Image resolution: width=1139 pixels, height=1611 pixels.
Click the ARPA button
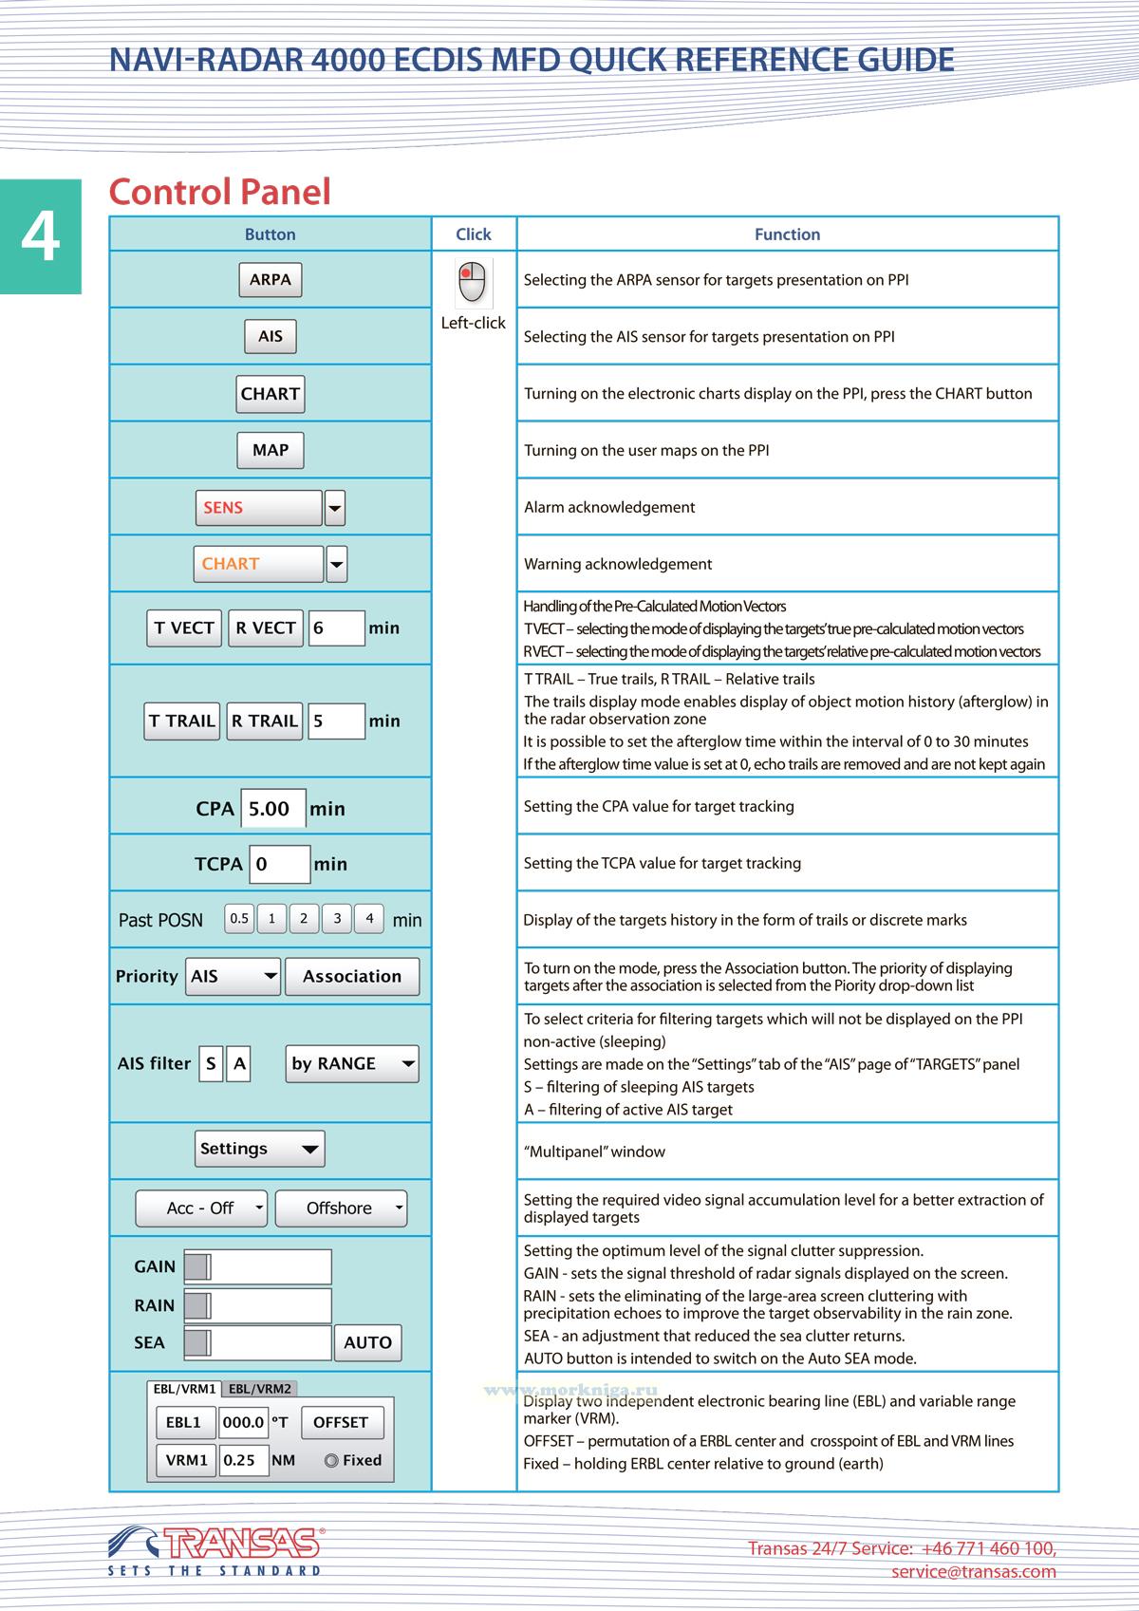pos(271,280)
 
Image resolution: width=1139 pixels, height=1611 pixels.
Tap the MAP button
pos(271,450)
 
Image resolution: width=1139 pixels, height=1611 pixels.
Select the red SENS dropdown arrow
pos(334,508)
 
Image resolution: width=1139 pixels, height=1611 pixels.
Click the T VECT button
pos(184,628)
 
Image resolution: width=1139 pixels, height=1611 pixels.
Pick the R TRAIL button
pos(265,721)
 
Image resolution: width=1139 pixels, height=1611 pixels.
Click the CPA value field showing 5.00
pos(273,809)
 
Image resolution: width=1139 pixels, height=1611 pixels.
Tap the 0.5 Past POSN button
pos(239,919)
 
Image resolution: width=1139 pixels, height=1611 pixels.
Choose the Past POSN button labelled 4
pos(369,919)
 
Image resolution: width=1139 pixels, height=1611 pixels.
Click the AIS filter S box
pos(211,1064)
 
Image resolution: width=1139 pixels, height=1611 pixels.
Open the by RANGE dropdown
pos(352,1064)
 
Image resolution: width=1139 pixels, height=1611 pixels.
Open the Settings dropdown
pos(259,1149)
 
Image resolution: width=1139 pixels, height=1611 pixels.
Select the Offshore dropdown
pos(341,1208)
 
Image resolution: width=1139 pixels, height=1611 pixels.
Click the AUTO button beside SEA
pos(367,1342)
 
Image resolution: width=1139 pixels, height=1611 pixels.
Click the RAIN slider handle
pos(197,1305)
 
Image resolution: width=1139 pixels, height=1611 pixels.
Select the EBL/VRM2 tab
pos(260,1389)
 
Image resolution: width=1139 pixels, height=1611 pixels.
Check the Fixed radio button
pos(331,1461)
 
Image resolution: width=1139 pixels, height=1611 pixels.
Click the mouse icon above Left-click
pos(473,282)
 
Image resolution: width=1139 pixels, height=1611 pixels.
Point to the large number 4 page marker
pos(41,236)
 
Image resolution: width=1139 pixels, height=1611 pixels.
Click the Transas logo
pos(216,1545)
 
